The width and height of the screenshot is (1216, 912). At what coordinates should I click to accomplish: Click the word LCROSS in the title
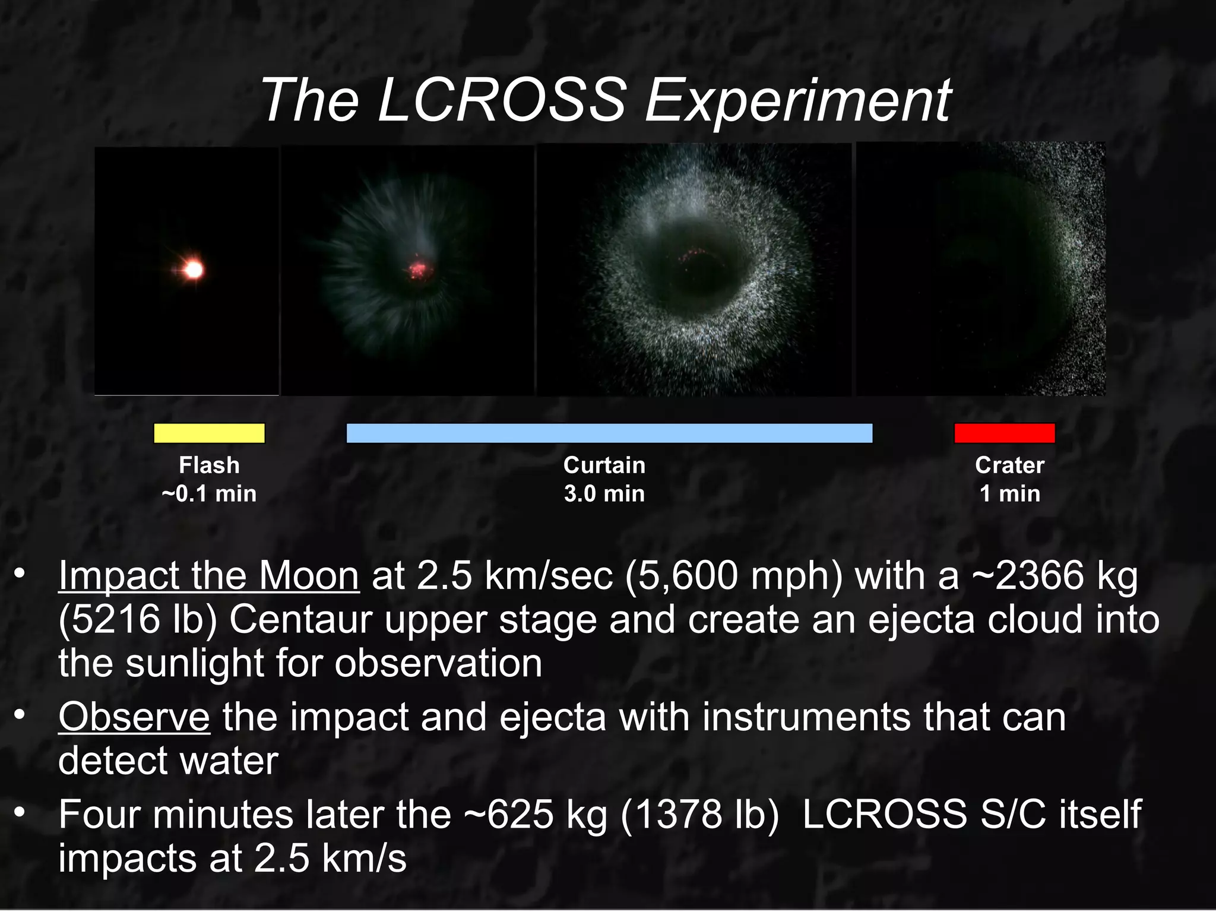tap(502, 101)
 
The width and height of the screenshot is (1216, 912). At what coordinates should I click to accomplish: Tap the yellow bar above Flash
tap(209, 433)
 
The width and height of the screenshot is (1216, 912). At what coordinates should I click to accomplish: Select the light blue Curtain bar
tap(609, 433)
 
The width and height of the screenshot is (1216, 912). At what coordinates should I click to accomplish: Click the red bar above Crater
tap(1004, 433)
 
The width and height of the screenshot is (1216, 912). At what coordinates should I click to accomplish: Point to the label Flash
tap(209, 465)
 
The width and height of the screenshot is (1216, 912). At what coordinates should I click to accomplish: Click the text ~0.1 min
tap(209, 494)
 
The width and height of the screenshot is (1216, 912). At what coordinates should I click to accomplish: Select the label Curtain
tap(604, 465)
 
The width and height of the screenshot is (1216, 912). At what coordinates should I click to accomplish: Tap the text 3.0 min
tap(604, 494)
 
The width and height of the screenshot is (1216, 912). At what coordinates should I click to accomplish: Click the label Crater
tap(1009, 465)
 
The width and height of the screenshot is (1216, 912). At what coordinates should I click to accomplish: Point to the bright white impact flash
tap(193, 270)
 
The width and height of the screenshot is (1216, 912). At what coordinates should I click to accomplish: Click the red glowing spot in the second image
tap(420, 270)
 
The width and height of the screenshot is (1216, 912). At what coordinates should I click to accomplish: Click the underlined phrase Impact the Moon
tap(208, 576)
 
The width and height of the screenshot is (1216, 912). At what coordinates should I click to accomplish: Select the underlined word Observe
tap(134, 717)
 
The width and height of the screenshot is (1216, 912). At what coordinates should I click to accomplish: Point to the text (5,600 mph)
tap(733, 576)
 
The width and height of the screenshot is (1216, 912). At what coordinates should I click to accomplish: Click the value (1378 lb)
tap(699, 815)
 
